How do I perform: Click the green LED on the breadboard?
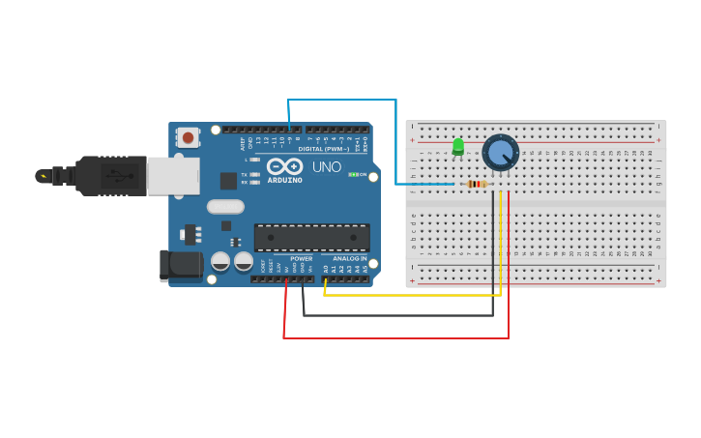458,146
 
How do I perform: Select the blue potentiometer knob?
500,152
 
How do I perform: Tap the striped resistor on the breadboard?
476,184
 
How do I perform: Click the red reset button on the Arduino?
188,137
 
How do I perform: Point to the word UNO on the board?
326,166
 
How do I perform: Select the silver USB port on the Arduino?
173,176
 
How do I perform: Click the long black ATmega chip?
311,238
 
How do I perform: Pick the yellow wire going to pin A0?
416,295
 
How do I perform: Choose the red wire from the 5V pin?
396,338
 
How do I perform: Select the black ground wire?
396,315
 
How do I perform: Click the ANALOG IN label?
349,258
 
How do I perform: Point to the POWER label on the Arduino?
302,258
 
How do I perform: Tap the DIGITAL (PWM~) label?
324,149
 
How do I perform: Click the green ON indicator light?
354,174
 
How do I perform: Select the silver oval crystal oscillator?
225,206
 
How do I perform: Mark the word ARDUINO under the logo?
284,180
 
